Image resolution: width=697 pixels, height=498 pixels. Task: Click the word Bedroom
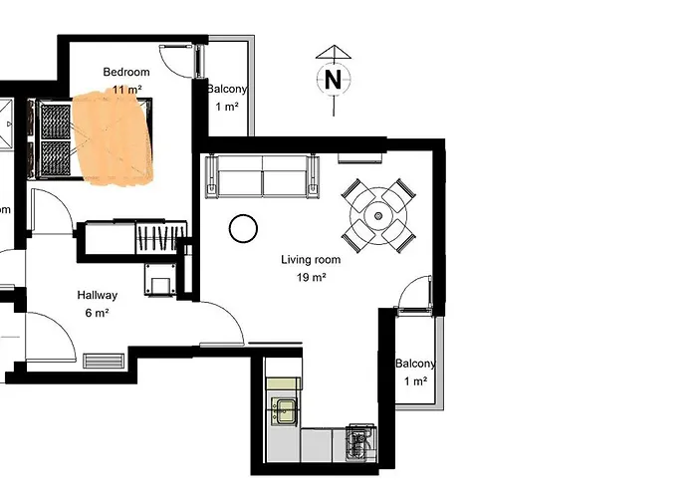(x=126, y=72)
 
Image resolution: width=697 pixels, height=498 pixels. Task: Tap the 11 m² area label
(x=126, y=91)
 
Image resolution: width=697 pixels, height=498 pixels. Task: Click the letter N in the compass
(x=334, y=81)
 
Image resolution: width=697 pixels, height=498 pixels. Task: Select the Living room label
(x=311, y=260)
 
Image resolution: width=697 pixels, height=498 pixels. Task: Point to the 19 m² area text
(x=311, y=278)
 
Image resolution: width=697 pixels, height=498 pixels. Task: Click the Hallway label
(x=98, y=295)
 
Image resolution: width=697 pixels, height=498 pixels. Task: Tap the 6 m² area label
(x=98, y=313)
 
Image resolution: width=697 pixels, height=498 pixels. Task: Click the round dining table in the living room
(x=378, y=213)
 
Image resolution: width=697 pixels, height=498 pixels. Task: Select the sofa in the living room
(x=263, y=176)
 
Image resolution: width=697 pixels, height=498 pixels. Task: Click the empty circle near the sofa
(x=243, y=229)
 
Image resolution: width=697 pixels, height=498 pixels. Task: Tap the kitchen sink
(x=285, y=410)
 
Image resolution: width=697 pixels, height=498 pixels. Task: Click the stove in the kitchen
(x=359, y=441)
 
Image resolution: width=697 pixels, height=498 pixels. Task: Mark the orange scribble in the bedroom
(x=115, y=139)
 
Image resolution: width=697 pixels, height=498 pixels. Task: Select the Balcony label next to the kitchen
(x=415, y=364)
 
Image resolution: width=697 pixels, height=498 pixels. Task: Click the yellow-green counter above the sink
(x=284, y=383)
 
